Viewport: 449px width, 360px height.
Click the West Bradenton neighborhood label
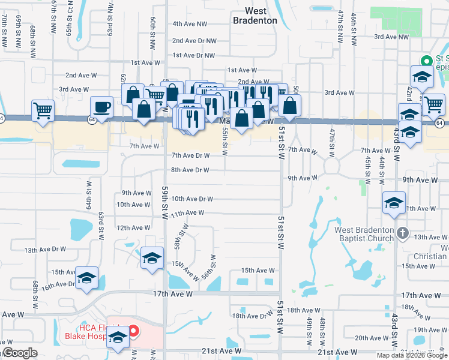coord(255,16)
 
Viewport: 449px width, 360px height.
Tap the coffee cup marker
coord(101,107)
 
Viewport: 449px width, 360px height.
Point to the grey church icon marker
coord(402,232)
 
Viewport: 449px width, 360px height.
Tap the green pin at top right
coord(427,61)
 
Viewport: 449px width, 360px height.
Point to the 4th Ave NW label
coord(190,24)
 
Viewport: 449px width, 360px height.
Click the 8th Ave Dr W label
coord(190,170)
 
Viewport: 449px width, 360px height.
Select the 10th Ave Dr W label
coord(192,199)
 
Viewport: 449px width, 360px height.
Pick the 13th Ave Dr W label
coord(45,249)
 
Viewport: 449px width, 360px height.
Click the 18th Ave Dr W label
coord(252,316)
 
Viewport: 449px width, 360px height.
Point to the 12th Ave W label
coord(133,228)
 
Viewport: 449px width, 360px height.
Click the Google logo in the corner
coord(19,353)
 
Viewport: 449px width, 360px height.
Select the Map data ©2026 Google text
coord(412,355)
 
